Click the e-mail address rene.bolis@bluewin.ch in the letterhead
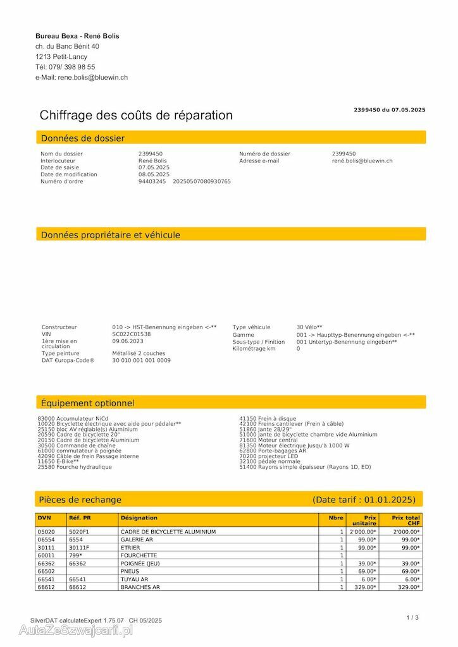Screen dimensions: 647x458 tap(92, 77)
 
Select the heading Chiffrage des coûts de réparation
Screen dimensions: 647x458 tap(136, 115)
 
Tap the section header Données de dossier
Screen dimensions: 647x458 tap(83, 138)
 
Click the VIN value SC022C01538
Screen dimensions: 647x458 tap(132, 334)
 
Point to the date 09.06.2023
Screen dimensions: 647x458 tap(128, 341)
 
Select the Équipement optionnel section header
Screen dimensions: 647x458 tap(88, 402)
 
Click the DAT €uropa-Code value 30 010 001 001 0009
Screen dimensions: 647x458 tap(141, 360)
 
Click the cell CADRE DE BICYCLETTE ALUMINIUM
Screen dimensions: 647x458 tap(164, 532)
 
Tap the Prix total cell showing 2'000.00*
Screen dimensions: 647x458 tap(406, 532)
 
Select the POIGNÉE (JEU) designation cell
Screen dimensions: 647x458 tap(140, 564)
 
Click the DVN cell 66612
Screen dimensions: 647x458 tap(46, 587)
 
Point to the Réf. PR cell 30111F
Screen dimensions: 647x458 tap(79, 548)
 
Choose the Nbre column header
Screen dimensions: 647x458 tap(336, 517)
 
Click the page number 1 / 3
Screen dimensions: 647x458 tap(412, 617)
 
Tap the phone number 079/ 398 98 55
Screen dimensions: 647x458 tap(74, 67)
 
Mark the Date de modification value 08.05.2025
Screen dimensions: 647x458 tap(154, 174)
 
